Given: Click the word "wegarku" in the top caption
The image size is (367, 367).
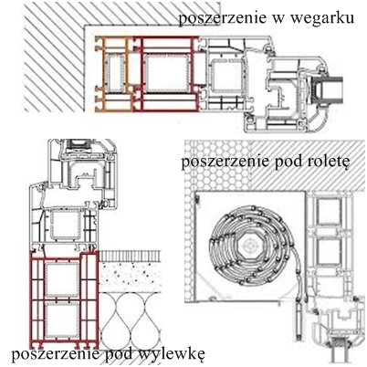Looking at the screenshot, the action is tap(322, 18).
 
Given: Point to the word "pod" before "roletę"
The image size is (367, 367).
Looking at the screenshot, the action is tap(288, 162).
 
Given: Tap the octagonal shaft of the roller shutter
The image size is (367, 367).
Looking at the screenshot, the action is tap(249, 244).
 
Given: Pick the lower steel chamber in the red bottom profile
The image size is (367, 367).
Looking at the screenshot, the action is tap(62, 320).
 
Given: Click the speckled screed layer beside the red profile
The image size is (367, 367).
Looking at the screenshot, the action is tap(130, 277).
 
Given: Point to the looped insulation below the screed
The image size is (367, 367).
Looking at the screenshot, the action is tap(130, 320).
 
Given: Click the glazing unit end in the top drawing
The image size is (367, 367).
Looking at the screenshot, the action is tap(330, 89).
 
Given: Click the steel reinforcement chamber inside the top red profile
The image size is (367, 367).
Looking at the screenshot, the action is tap(167, 74).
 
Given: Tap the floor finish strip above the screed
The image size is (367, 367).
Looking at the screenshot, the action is tap(130, 256).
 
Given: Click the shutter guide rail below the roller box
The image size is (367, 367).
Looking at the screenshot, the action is tap(299, 322).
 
